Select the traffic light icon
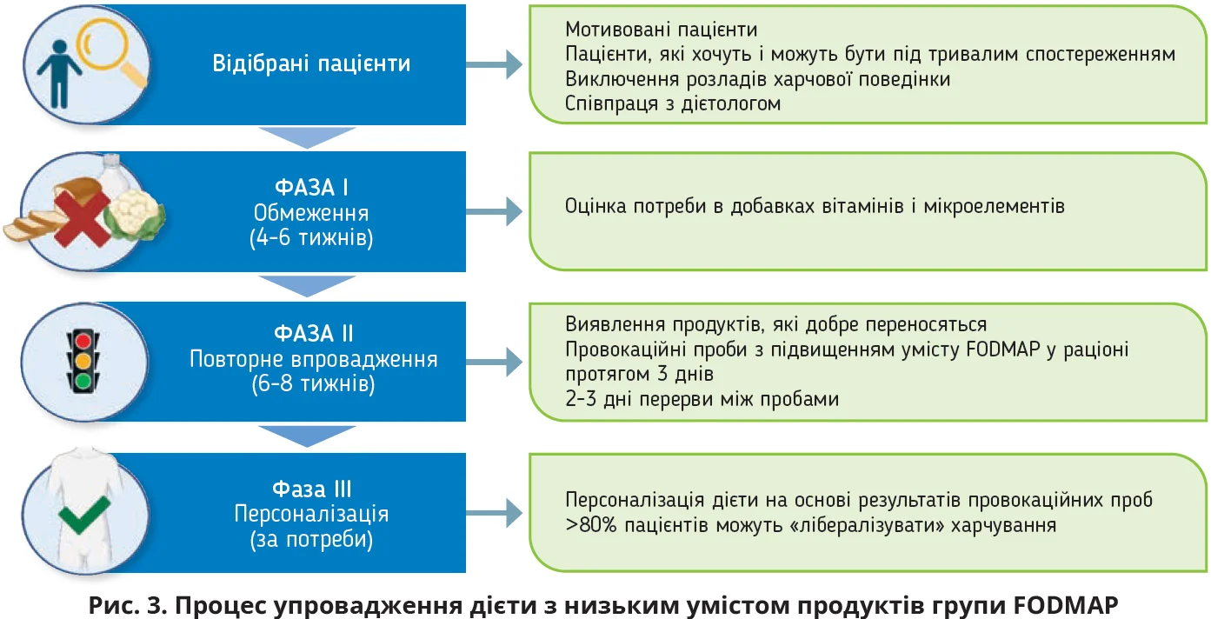pyautogui.click(x=83, y=357)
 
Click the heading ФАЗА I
pyautogui.click(x=311, y=188)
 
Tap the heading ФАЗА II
pyautogui.click(x=313, y=334)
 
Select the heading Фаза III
pyautogui.click(x=311, y=489)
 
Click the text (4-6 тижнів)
pyautogui.click(x=311, y=237)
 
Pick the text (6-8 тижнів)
pyautogui.click(x=312, y=384)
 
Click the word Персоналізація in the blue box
pyautogui.click(x=311, y=514)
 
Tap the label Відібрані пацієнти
pyautogui.click(x=311, y=64)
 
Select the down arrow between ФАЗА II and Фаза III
pyautogui.click(x=308, y=436)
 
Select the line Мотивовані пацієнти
pyautogui.click(x=661, y=30)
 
